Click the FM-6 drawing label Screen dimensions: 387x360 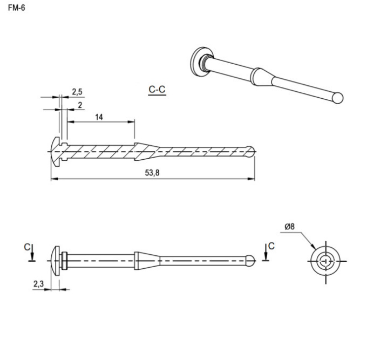pyautogui.click(x=17, y=8)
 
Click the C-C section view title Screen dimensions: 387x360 pyautogui.click(x=157, y=89)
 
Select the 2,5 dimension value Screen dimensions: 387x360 pyautogui.click(x=77, y=92)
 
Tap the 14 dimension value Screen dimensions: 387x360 pyautogui.click(x=99, y=117)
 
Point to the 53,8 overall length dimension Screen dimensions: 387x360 pyautogui.click(x=152, y=173)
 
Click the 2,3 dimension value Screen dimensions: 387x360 pyautogui.click(x=38, y=284)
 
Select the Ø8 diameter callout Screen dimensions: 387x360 pyautogui.click(x=289, y=226)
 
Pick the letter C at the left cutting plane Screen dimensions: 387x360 pyautogui.click(x=27, y=247)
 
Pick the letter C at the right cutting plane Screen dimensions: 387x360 pyautogui.click(x=271, y=246)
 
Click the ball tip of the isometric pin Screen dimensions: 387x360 pyautogui.click(x=338, y=98)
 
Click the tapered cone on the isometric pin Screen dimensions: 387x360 pyautogui.click(x=262, y=77)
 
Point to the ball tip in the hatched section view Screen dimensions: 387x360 pyautogui.click(x=251, y=152)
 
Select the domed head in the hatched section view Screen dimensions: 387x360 pyautogui.click(x=56, y=152)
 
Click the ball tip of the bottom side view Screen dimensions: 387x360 pyautogui.click(x=250, y=261)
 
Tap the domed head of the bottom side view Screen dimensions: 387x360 pyautogui.click(x=56, y=261)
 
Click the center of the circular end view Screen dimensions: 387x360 pyautogui.click(x=326, y=261)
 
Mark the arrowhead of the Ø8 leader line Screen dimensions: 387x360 pyautogui.click(x=314, y=247)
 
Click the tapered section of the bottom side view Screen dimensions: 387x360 pyautogui.click(x=147, y=261)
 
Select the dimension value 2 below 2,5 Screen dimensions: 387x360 pyautogui.click(x=80, y=105)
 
